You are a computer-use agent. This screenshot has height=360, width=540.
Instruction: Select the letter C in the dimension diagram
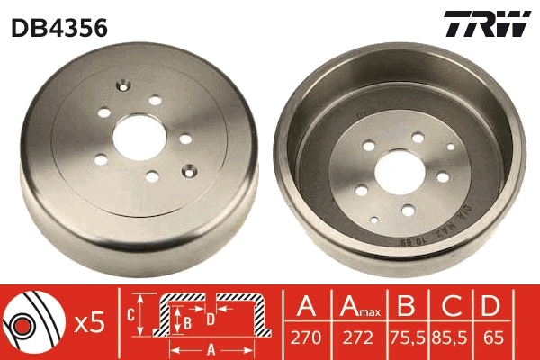click(x=131, y=315)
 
